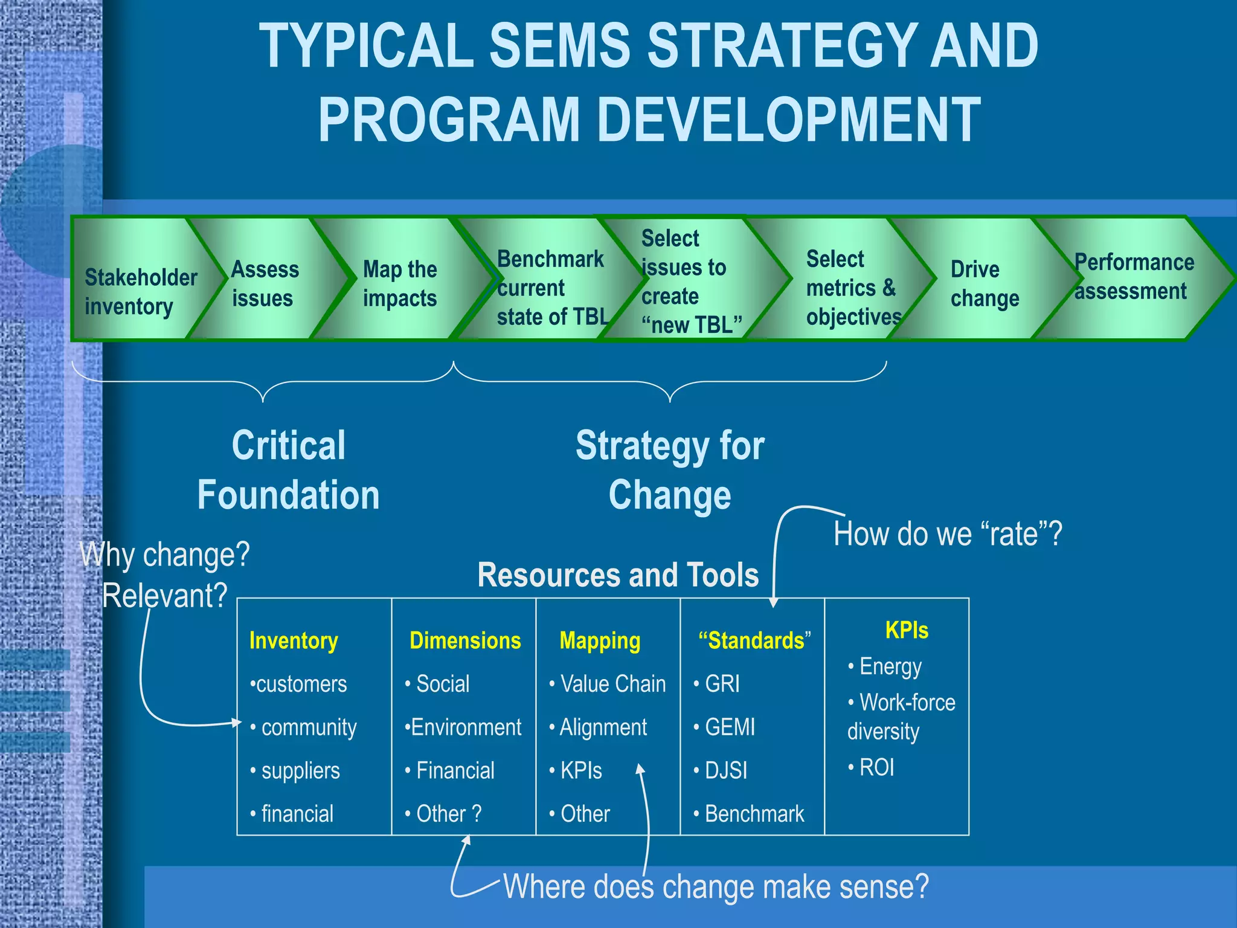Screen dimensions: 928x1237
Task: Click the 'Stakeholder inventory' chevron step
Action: (140, 292)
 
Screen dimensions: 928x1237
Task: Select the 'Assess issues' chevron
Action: (265, 283)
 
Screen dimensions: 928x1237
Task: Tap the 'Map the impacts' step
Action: (399, 283)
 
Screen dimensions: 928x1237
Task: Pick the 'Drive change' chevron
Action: (984, 283)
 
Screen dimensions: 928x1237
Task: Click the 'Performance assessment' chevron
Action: (1133, 277)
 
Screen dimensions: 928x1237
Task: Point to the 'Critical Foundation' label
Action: (289, 470)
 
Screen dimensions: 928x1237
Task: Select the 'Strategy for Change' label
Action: (670, 470)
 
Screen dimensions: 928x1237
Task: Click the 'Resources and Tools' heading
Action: (618, 575)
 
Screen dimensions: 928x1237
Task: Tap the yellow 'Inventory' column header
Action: (294, 640)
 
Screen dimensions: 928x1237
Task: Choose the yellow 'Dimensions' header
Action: (464, 640)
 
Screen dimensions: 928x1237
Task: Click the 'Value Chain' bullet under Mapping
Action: (612, 684)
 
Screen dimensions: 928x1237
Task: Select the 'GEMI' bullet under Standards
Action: (729, 727)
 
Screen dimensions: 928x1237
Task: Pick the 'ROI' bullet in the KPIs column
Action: (876, 767)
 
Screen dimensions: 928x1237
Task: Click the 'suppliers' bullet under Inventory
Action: (300, 771)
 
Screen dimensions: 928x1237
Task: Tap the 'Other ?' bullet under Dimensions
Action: (448, 814)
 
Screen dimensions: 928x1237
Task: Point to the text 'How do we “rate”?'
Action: (947, 534)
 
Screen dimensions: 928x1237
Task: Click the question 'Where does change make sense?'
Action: (716, 887)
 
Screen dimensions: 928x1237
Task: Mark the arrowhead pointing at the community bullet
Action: (237, 723)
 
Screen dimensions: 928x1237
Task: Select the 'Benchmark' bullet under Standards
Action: (754, 814)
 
